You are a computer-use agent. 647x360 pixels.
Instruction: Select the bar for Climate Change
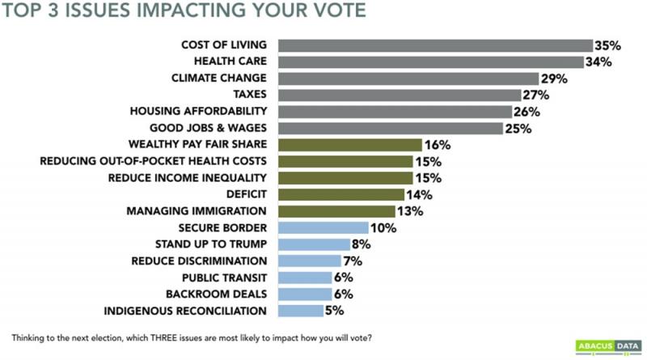(408, 78)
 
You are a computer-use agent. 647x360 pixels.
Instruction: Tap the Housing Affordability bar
(395, 112)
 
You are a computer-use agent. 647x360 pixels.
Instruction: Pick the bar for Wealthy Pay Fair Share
(349, 145)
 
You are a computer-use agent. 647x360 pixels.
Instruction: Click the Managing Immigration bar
(336, 211)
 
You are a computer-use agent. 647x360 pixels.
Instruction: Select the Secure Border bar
(323, 228)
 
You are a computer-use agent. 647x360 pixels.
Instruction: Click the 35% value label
(607, 46)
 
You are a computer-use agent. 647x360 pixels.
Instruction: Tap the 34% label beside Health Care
(598, 62)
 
